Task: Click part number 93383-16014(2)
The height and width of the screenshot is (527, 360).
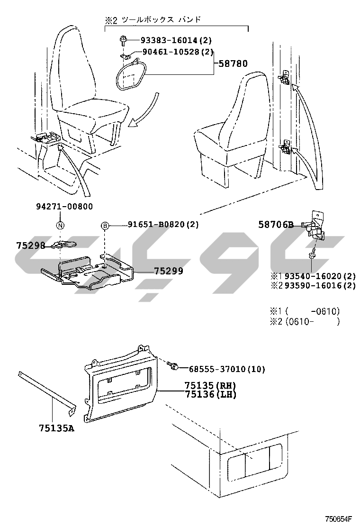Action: click(x=176, y=40)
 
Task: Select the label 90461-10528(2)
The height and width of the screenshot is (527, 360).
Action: click(x=178, y=52)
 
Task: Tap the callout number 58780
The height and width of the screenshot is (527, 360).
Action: click(x=233, y=64)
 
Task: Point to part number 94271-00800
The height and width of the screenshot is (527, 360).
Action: click(x=64, y=206)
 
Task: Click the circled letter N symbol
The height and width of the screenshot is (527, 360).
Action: click(x=60, y=226)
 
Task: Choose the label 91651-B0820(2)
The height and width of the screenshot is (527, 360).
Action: click(x=163, y=224)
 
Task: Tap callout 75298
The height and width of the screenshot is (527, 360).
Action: click(x=31, y=245)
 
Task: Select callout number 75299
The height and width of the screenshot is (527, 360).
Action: click(x=169, y=271)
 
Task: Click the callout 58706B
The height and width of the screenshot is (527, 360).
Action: click(x=276, y=225)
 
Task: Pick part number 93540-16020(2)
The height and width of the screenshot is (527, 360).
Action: click(x=320, y=276)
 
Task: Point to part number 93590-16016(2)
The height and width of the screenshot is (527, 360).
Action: click(x=320, y=286)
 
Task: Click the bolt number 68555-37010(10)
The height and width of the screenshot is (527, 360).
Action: click(x=227, y=369)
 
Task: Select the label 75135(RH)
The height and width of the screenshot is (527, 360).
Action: click(x=211, y=385)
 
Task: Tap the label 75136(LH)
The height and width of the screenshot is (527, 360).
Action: click(x=211, y=394)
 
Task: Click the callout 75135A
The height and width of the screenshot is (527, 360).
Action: click(x=56, y=428)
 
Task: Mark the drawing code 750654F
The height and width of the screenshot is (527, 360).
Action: click(x=338, y=518)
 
